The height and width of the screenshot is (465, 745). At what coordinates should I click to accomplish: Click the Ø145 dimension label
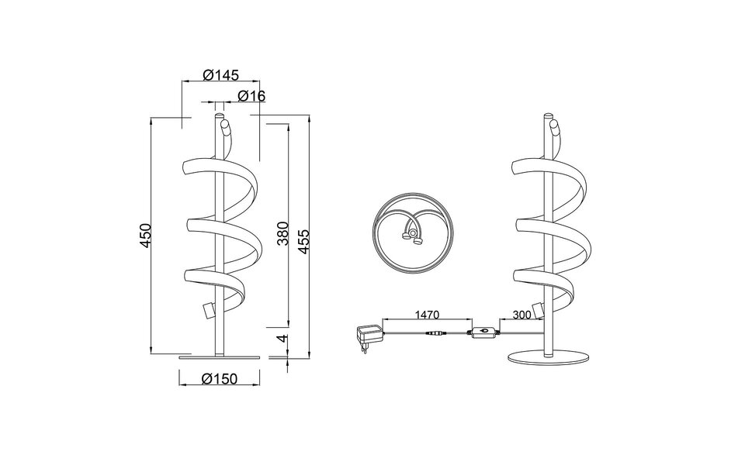220,74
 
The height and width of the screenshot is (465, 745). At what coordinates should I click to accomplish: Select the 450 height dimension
146,236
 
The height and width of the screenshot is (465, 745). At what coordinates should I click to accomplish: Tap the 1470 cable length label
427,315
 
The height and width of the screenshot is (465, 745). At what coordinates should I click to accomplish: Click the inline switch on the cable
482,332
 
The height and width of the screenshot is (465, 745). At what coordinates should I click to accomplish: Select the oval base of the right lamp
548,357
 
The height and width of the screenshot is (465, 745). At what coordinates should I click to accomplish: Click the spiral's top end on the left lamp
225,126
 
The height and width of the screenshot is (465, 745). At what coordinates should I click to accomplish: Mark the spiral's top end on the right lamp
555,126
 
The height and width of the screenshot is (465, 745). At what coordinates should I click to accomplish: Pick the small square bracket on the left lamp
208,310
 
